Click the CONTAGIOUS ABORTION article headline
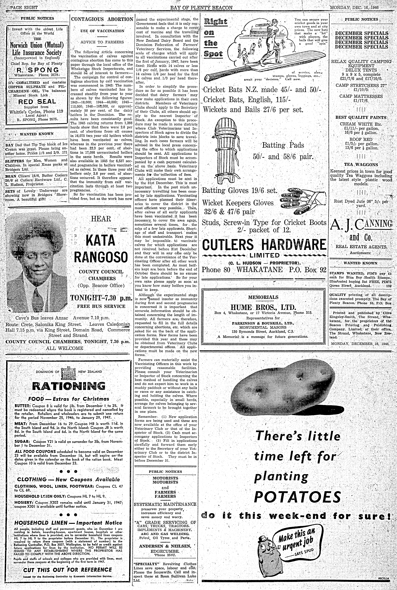click(x=102, y=19)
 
